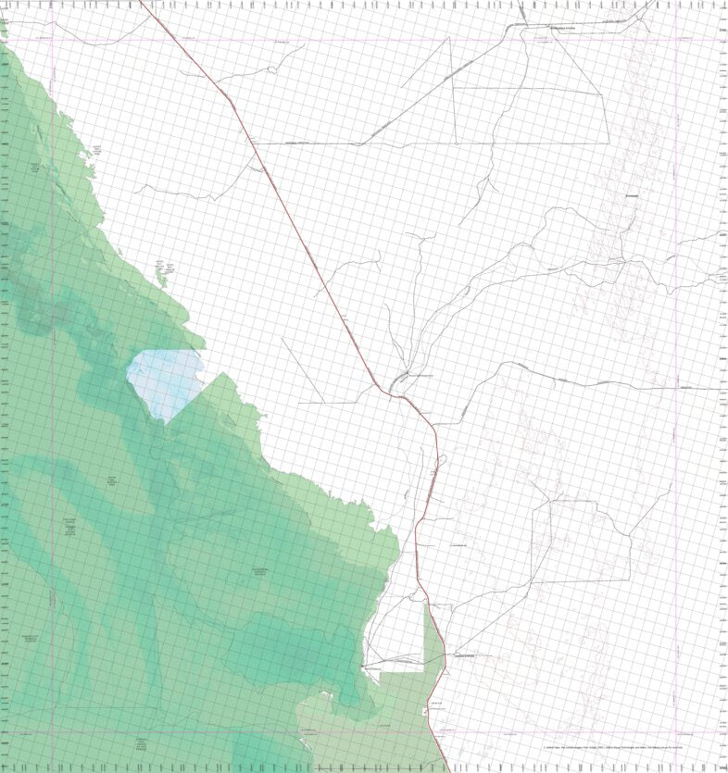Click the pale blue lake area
[x=165, y=381]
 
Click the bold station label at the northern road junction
[x=562, y=29]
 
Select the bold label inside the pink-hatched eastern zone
[x=633, y=196]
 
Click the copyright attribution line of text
[x=613, y=747]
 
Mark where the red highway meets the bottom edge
[x=448, y=770]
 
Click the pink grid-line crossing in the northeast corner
[x=677, y=38]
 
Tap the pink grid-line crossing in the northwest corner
[x=52, y=38]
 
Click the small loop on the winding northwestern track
[x=271, y=69]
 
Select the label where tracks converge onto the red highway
[x=421, y=376]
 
